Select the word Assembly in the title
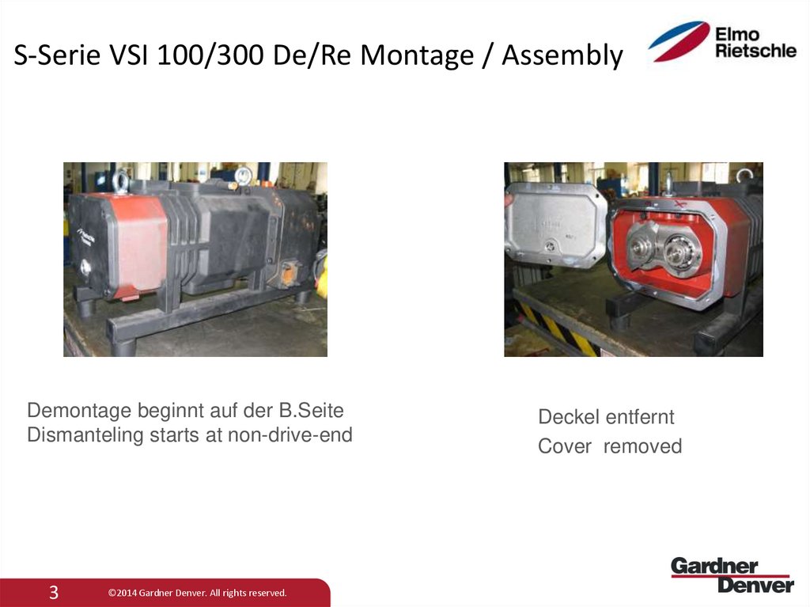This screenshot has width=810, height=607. click(x=562, y=56)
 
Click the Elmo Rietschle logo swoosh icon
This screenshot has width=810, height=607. click(x=679, y=41)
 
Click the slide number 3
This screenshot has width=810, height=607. click(x=54, y=592)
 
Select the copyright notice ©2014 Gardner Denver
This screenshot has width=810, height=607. click(x=197, y=593)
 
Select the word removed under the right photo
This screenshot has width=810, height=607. click(x=642, y=446)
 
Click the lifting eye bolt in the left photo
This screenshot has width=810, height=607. click(x=121, y=181)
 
